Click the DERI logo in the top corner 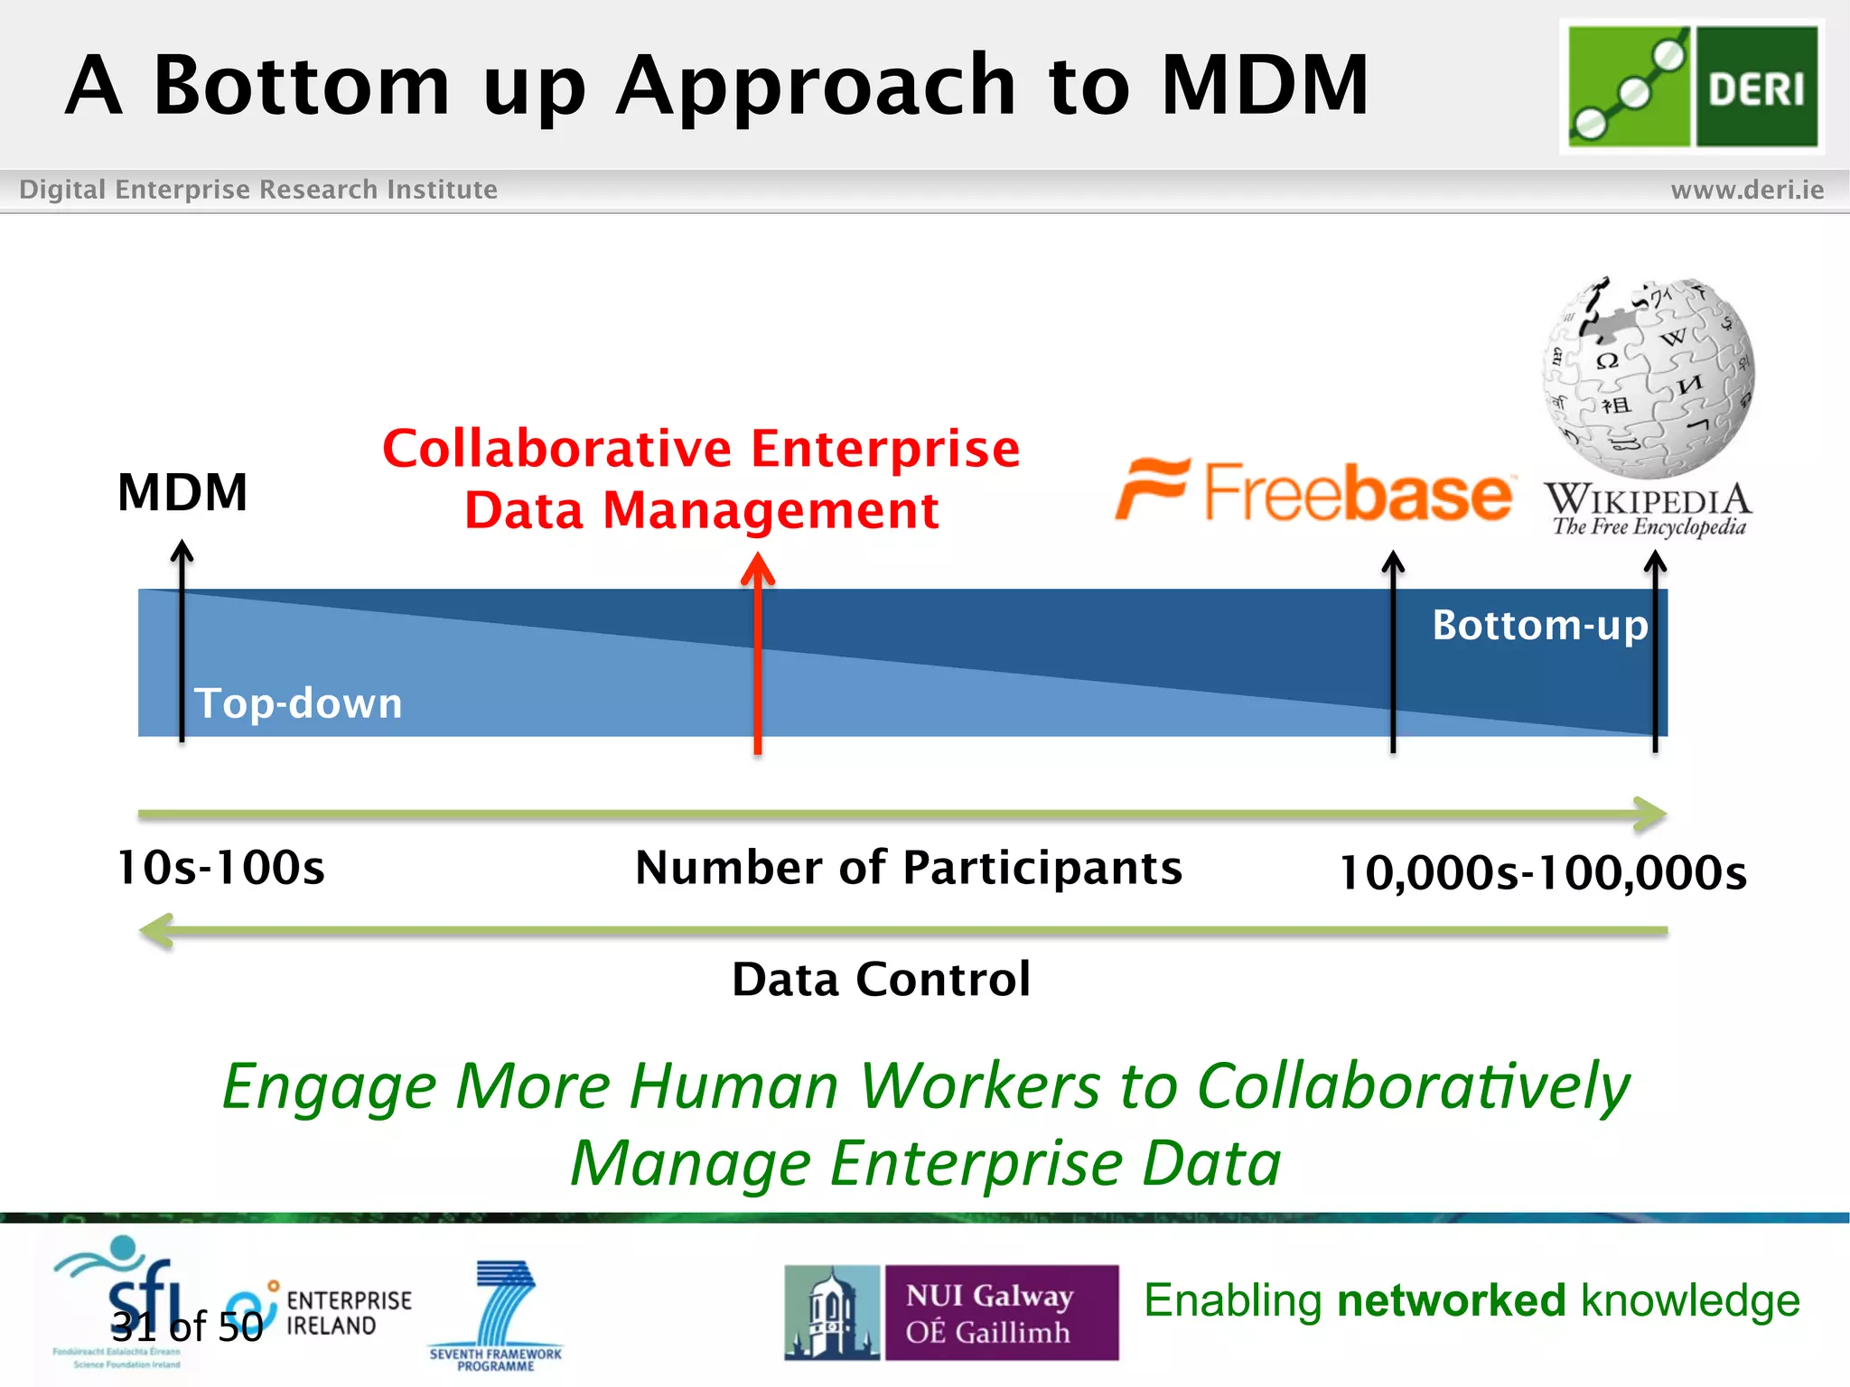tap(1692, 87)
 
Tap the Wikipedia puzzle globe tap(1649, 377)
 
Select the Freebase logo tap(1314, 491)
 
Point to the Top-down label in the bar tap(298, 703)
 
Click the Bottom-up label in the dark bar tap(1540, 626)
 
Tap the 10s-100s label tap(221, 869)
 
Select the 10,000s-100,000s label tap(1543, 873)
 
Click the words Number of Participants tap(909, 869)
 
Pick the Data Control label tap(881, 980)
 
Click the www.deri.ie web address tap(1747, 190)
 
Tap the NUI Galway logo tap(951, 1313)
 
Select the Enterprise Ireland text tap(349, 1313)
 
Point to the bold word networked tap(1451, 1301)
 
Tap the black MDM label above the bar tap(182, 493)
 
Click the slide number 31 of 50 tap(187, 1326)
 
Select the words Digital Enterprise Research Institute tap(258, 190)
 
